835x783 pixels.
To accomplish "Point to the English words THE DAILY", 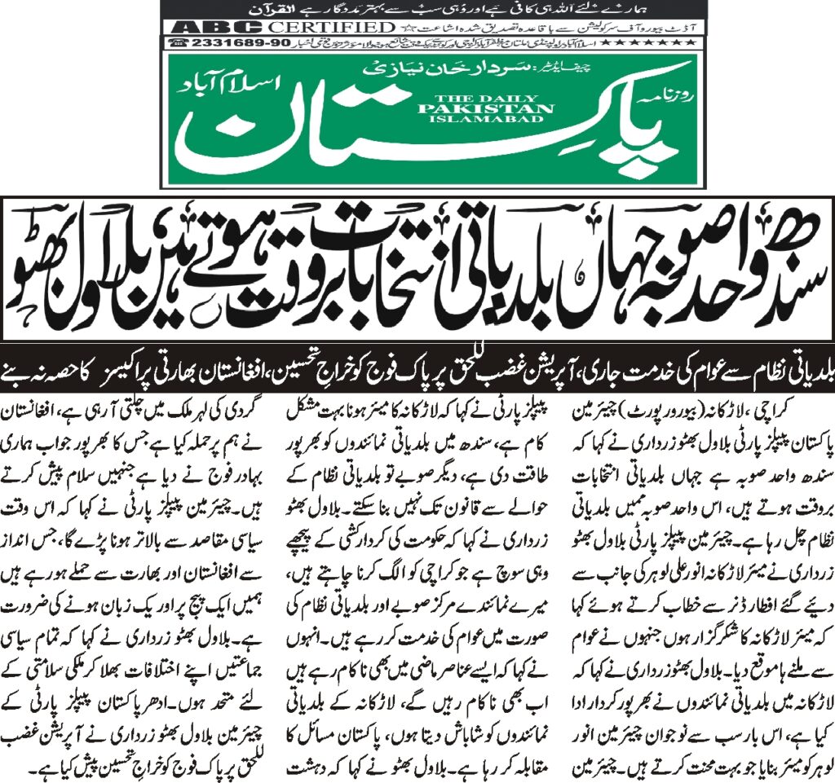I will (x=513, y=95).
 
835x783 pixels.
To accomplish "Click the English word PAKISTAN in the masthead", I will (x=513, y=106).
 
